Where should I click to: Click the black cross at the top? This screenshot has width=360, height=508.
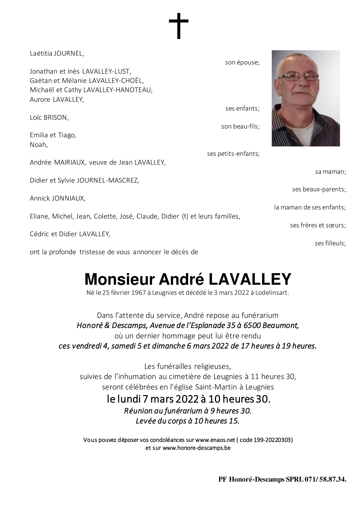[178, 26]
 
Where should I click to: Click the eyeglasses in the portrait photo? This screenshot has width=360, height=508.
[302, 77]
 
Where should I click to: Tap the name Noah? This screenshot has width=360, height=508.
[39, 145]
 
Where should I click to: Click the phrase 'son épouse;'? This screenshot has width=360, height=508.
[242, 63]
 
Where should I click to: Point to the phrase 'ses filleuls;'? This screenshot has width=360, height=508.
[330, 243]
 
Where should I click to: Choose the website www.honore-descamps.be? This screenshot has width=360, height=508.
[197, 448]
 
